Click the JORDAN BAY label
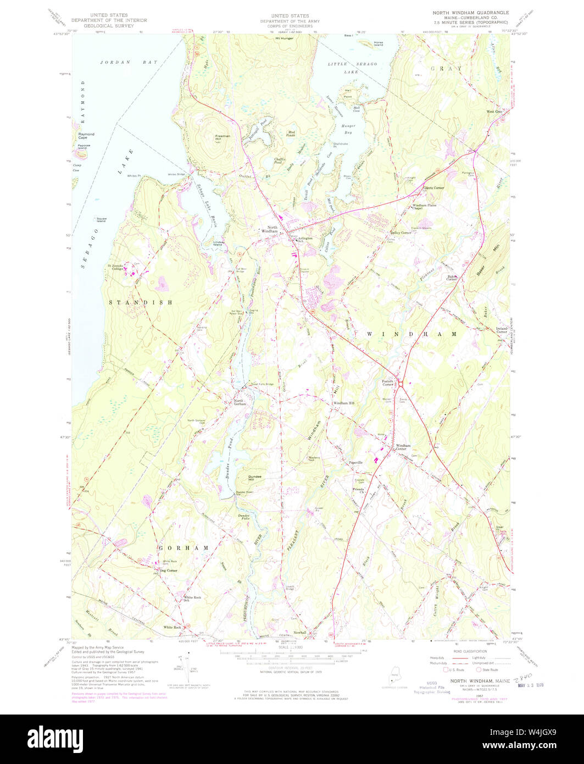click(129, 63)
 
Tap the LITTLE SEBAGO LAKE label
click(347, 68)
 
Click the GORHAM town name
click(183, 548)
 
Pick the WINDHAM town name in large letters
click(408, 334)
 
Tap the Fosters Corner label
click(388, 383)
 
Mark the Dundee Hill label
click(254, 478)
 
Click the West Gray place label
click(494, 112)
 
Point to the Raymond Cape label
click(86, 135)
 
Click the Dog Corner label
click(168, 571)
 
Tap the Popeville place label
click(355, 463)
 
